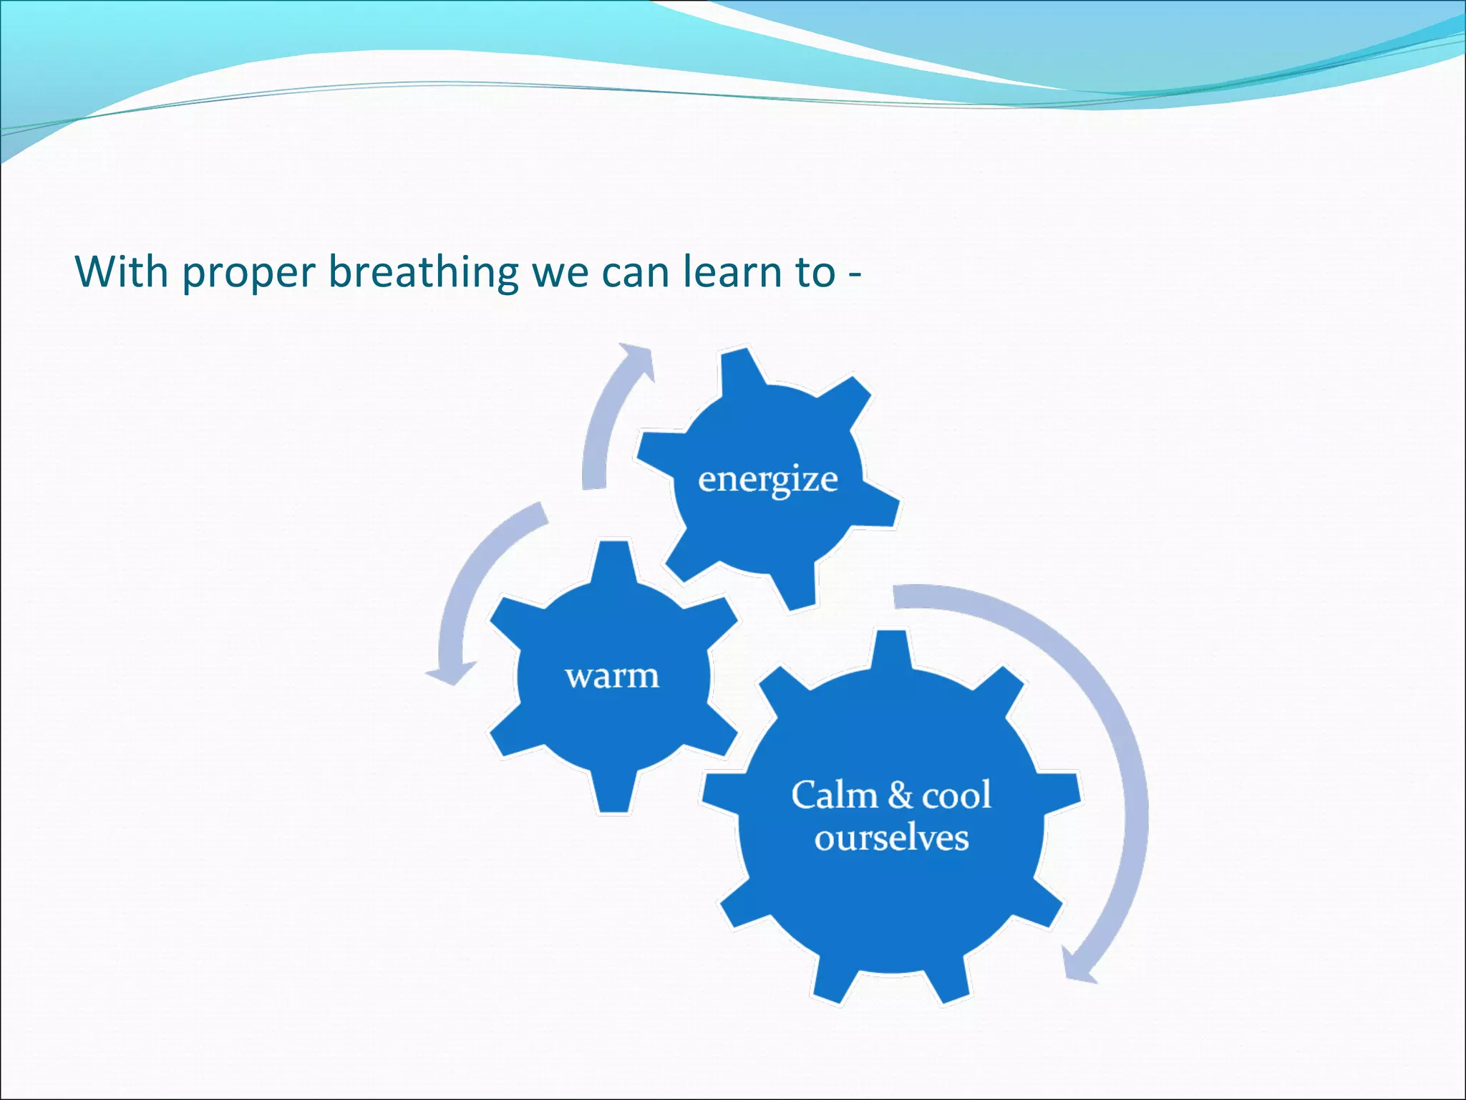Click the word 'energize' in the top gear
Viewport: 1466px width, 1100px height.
767,480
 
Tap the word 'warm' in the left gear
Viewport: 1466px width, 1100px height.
612,676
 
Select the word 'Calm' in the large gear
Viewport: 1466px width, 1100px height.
834,795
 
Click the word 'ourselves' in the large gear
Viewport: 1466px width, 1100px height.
891,838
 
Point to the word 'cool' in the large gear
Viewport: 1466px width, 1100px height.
956,795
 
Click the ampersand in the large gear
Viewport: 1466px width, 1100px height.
900,795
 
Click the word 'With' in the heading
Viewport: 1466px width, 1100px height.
121,272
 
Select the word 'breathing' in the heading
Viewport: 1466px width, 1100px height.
423,272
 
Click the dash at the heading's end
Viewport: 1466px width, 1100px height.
855,274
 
